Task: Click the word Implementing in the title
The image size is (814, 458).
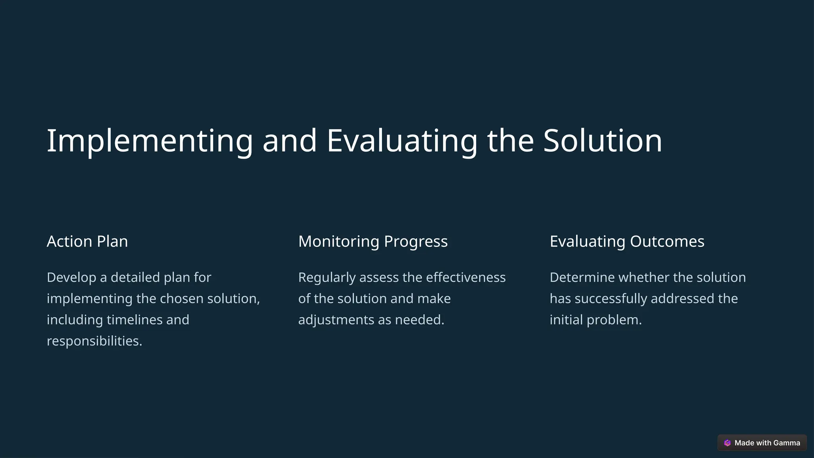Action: coord(149,141)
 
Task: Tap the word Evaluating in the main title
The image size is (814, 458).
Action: coord(402,141)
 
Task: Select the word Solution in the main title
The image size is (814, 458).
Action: coord(603,141)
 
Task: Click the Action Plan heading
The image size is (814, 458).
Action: coord(87,241)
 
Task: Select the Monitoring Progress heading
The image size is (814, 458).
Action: coord(373,241)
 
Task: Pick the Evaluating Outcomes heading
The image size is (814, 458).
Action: coord(627,241)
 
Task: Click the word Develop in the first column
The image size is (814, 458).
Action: coord(72,278)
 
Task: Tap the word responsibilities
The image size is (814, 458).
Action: coord(94,341)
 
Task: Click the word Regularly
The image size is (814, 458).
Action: coord(327,278)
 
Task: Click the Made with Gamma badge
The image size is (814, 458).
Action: coord(762,443)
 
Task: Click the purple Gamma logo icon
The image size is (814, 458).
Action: coord(727,443)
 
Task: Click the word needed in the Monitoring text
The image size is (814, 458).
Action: coord(419,320)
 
